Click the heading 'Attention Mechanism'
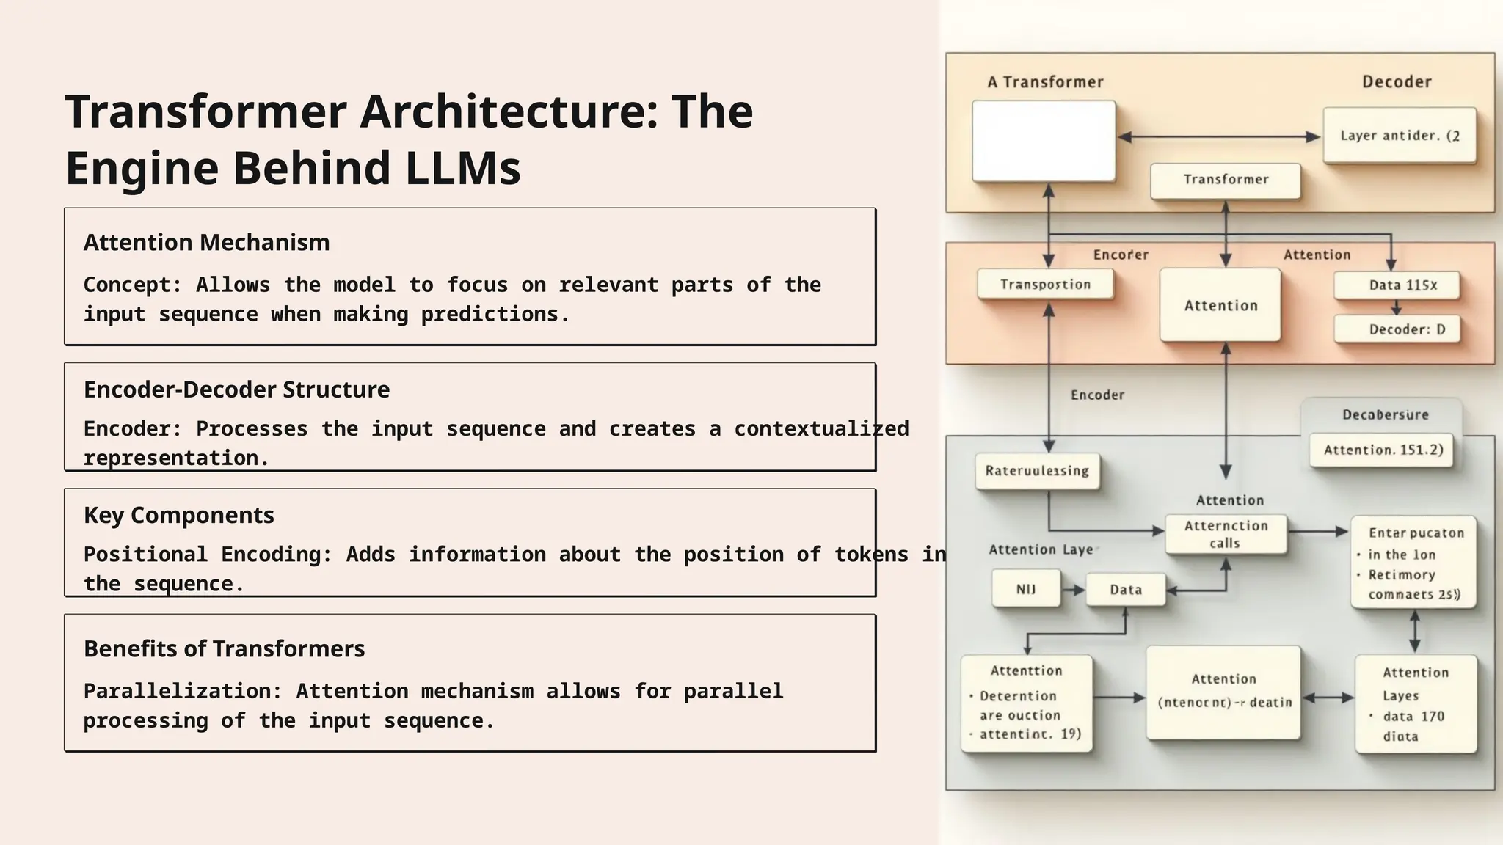(x=206, y=243)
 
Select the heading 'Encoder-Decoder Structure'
(x=236, y=389)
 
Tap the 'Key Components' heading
(x=178, y=515)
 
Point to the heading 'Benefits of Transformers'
(x=224, y=649)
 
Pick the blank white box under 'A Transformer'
(x=1043, y=141)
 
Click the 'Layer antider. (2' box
(x=1399, y=136)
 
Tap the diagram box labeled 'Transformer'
(x=1225, y=180)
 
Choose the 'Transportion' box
(x=1044, y=285)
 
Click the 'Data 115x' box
(x=1396, y=285)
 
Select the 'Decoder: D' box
(x=1396, y=329)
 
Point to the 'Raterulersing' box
(x=1036, y=471)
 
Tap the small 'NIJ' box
(x=1025, y=590)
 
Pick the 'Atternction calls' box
(x=1225, y=535)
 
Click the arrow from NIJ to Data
(x=1073, y=590)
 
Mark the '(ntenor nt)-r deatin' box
(x=1223, y=693)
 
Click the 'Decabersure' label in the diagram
(x=1385, y=415)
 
